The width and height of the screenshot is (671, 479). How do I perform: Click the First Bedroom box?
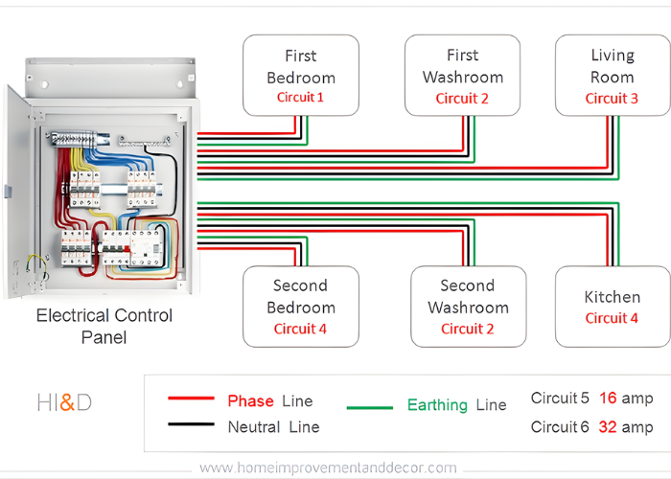point(300,75)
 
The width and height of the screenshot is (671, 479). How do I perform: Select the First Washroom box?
point(462,75)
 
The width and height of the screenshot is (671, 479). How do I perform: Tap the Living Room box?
point(612,75)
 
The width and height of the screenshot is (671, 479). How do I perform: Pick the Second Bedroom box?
point(300,306)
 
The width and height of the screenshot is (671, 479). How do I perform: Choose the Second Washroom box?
point(468,306)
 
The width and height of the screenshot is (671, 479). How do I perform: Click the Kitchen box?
point(612,306)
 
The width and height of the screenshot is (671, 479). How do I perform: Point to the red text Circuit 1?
point(300,97)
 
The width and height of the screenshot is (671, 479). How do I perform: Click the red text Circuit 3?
point(612,98)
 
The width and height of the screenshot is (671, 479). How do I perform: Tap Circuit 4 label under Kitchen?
point(612,318)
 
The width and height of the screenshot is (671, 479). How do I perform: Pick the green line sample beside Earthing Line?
point(369,406)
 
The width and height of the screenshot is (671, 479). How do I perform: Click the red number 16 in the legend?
point(608,399)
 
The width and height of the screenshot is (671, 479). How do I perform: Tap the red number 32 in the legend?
point(608,427)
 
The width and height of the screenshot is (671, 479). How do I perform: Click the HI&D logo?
point(64,402)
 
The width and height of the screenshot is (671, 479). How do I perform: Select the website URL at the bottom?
point(328,468)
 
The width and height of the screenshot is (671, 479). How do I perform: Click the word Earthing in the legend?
point(437,405)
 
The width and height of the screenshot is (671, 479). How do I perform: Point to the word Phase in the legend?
point(250,400)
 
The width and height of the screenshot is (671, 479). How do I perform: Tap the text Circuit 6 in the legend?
point(560,427)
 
